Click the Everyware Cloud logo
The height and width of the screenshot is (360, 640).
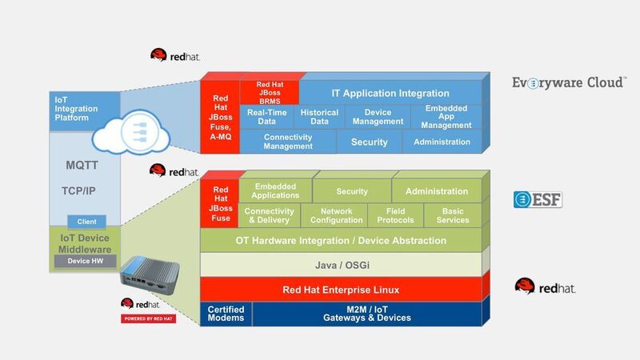[569, 83]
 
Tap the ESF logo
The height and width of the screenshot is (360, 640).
[538, 199]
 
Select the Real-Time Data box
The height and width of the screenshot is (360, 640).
[266, 117]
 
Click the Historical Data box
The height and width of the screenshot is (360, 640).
[319, 117]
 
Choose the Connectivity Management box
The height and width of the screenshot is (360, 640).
[287, 142]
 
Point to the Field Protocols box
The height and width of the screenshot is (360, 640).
[395, 216]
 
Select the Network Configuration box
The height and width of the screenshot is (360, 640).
[336, 216]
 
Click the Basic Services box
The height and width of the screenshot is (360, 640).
[454, 216]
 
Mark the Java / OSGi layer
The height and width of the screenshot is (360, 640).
[342, 264]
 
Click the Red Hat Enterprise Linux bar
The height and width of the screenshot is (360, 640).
[342, 289]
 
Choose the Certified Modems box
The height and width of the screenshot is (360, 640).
[226, 313]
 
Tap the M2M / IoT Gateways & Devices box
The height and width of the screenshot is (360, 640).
[367, 313]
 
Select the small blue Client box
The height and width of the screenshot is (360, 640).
[86, 222]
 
